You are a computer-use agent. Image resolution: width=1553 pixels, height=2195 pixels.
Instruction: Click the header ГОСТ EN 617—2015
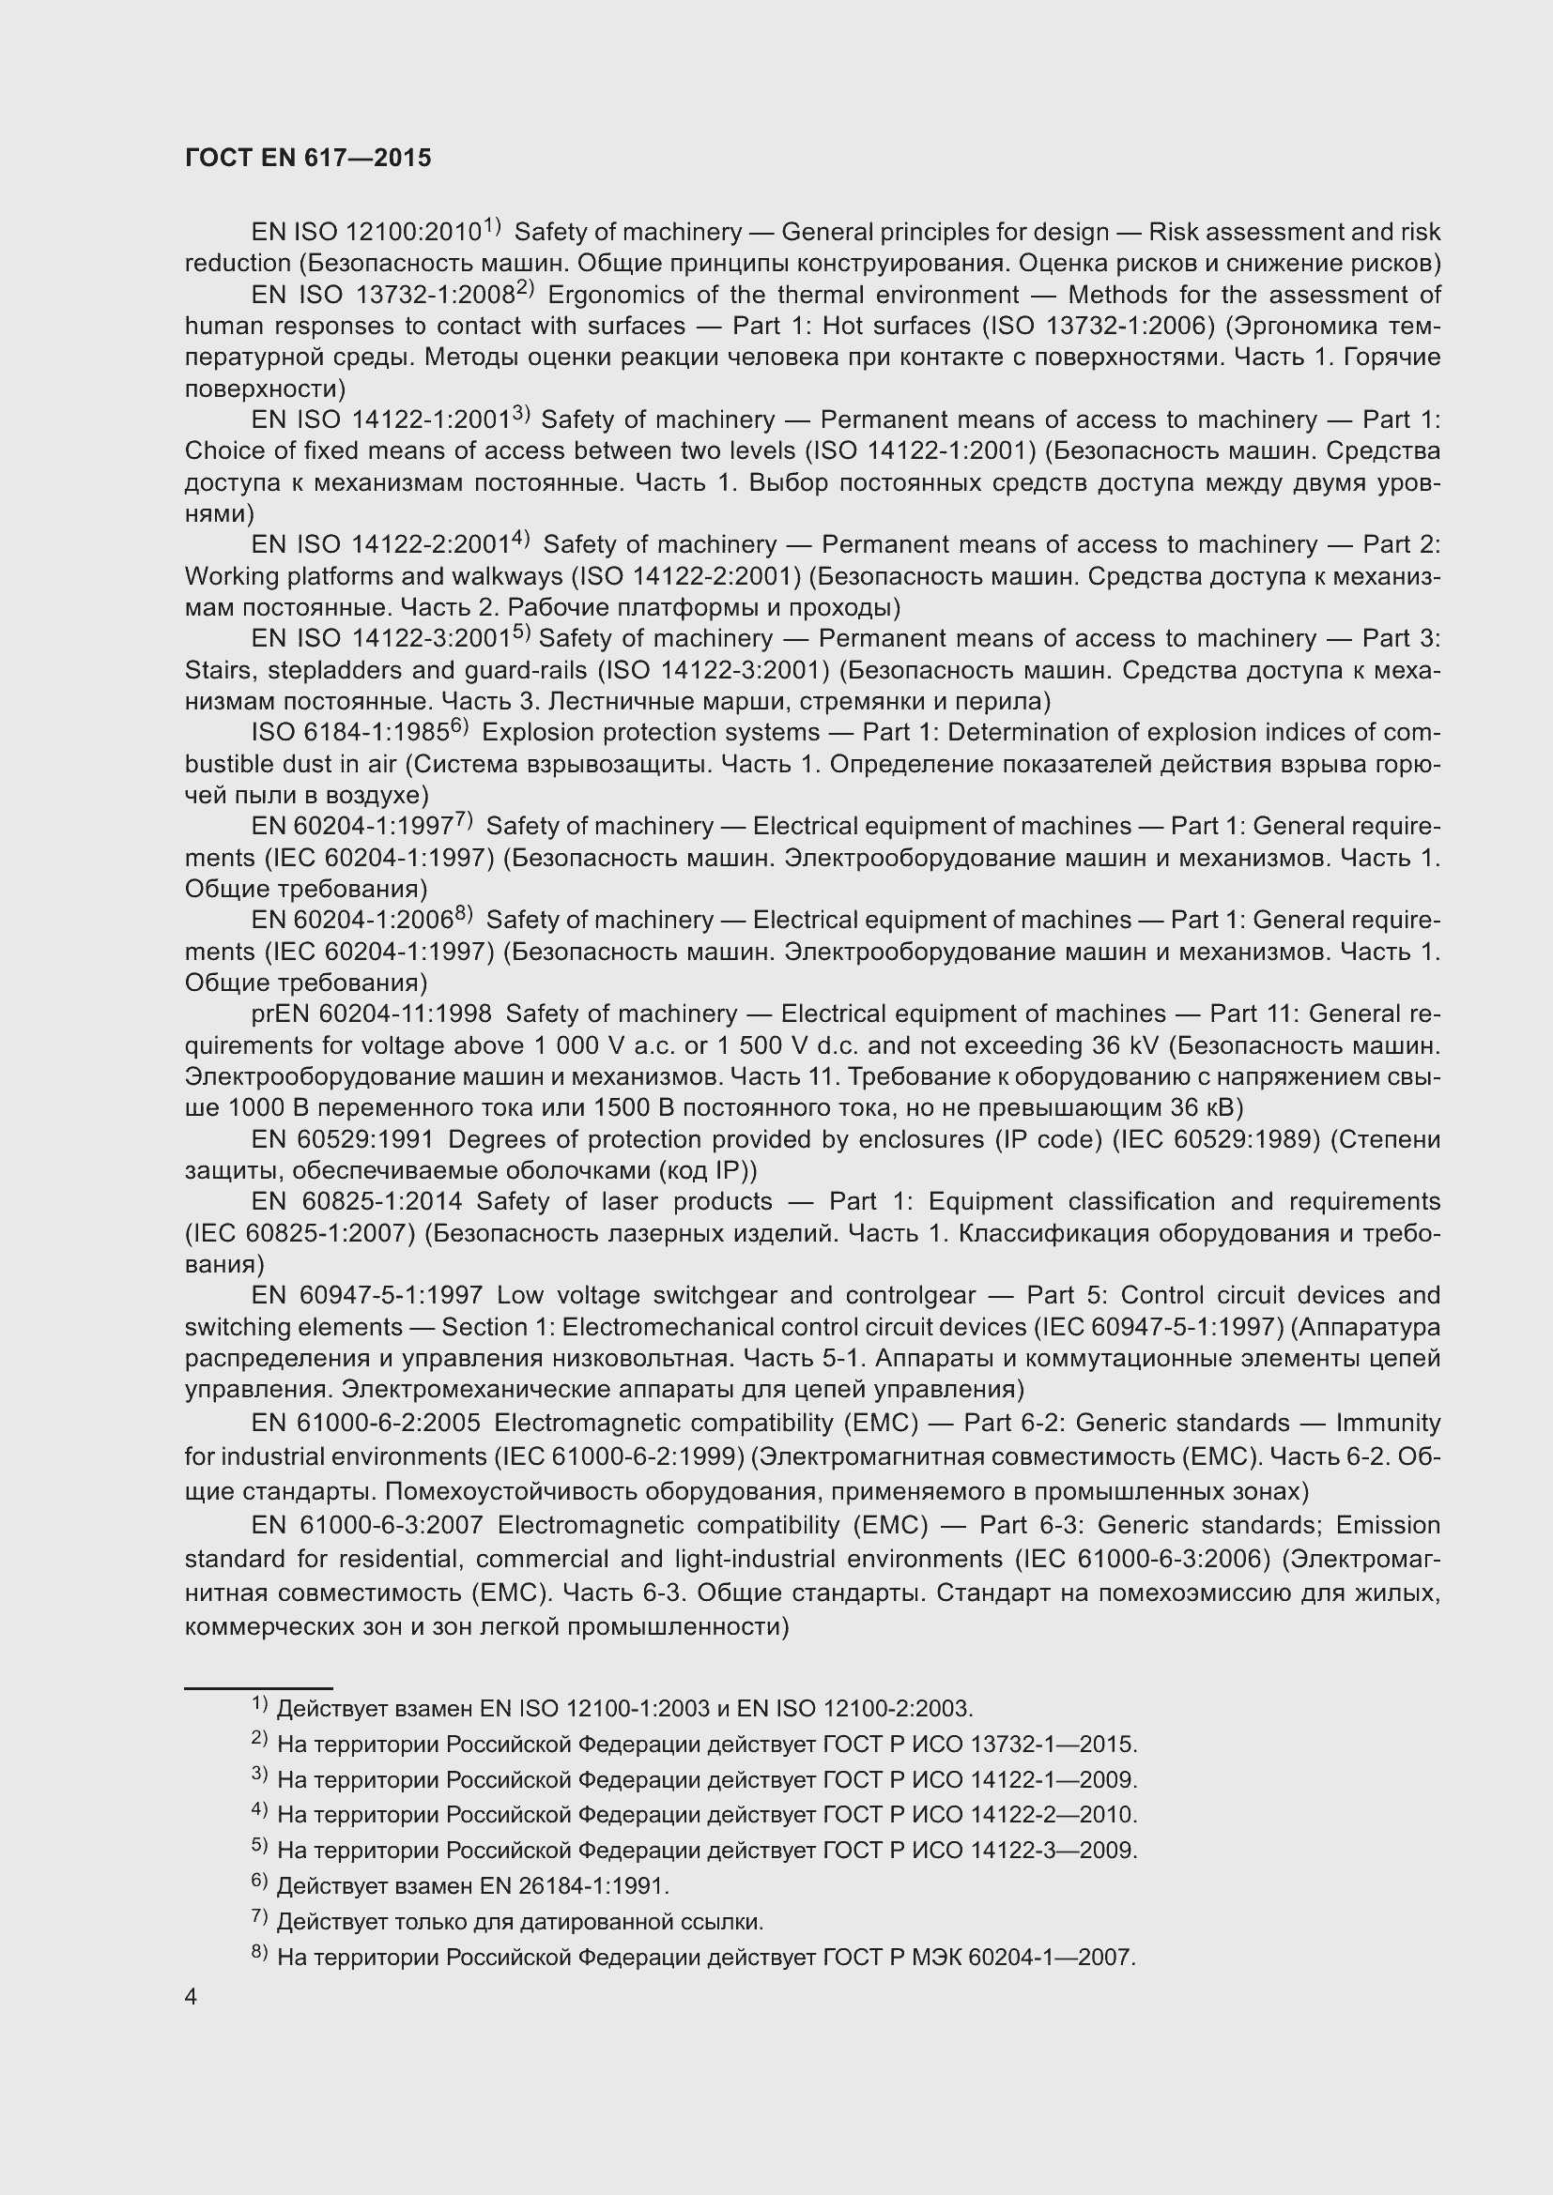(x=308, y=158)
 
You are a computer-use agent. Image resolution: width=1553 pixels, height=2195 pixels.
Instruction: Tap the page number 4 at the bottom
(x=192, y=1997)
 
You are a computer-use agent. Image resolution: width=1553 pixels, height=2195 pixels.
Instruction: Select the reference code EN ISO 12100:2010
(x=365, y=233)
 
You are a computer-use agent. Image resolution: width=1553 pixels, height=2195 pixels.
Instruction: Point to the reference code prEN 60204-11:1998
(x=371, y=1014)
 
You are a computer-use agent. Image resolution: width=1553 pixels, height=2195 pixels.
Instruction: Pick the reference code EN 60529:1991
(x=343, y=1139)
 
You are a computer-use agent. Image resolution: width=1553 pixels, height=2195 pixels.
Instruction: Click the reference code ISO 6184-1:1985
(x=350, y=732)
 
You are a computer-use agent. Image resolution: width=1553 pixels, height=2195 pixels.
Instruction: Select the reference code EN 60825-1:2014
(x=357, y=1202)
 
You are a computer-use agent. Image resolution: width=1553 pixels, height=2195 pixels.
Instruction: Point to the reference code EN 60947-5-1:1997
(x=366, y=1295)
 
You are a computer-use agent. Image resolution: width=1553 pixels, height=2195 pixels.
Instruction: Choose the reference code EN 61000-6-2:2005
(x=365, y=1424)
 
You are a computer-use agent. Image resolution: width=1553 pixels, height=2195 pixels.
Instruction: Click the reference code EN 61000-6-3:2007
(x=367, y=1525)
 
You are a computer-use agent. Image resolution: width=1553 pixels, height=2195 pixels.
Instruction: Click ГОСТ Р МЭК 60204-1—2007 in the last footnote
(x=979, y=1958)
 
